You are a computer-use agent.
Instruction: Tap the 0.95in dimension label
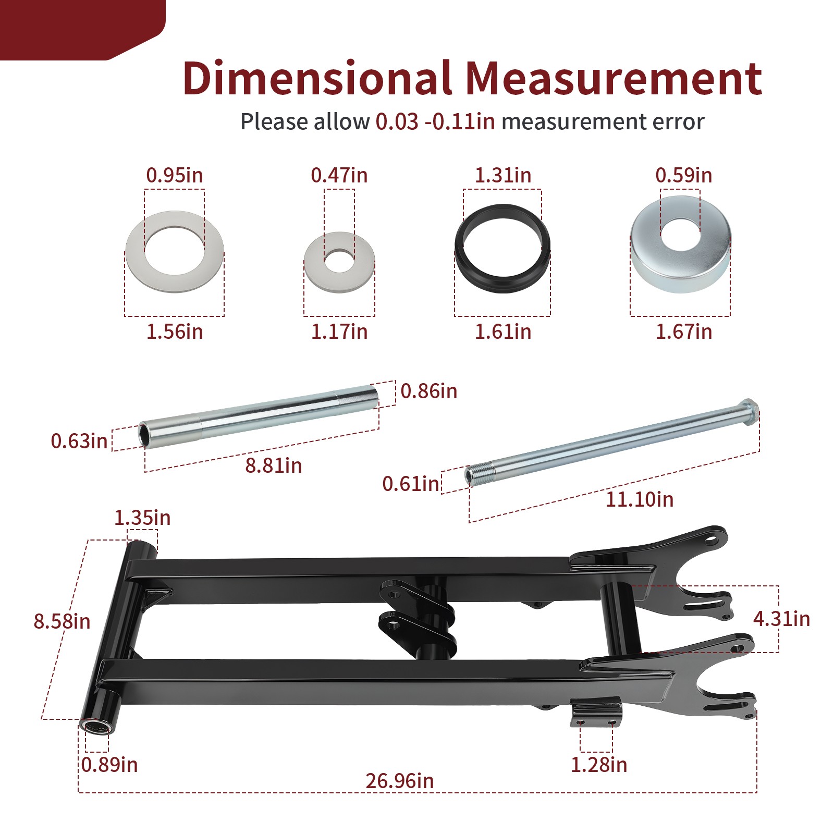(175, 175)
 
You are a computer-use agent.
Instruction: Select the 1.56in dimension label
(175, 332)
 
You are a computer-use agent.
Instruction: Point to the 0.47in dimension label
(339, 175)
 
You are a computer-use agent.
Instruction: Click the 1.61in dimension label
(503, 332)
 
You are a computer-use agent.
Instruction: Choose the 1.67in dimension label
(684, 332)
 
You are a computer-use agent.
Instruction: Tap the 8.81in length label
(274, 465)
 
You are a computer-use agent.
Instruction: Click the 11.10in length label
(640, 499)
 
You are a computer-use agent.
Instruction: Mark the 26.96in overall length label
(400, 781)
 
